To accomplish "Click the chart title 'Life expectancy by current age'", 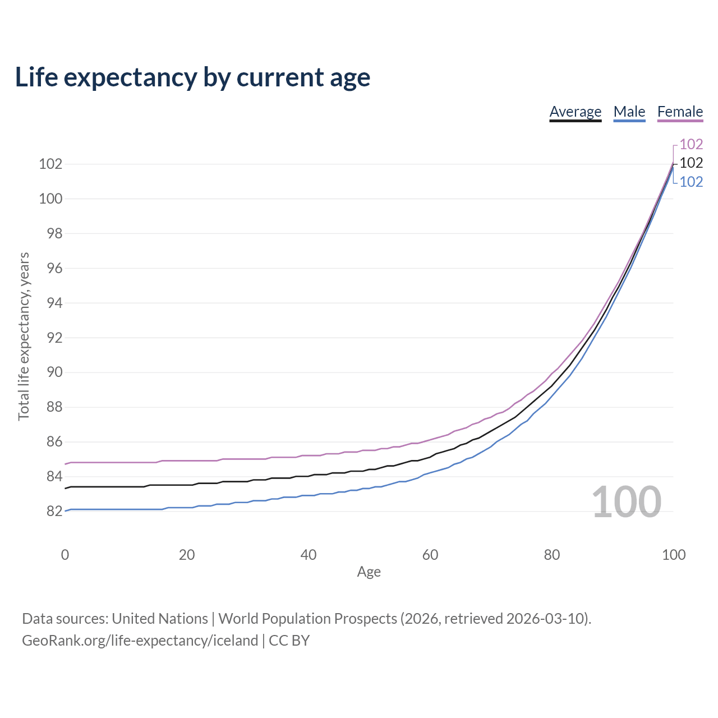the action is point(192,77).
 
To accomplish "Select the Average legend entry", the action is point(576,112).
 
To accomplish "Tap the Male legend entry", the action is point(629,112).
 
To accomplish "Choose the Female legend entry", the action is point(680,112).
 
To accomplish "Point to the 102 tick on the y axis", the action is point(50,164).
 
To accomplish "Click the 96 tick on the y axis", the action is point(54,268).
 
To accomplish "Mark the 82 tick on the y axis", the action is point(54,511).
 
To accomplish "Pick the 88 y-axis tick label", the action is point(54,407).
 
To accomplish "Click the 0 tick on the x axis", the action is point(65,555).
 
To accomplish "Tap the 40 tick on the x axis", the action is point(309,555).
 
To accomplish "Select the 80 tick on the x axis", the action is point(552,555).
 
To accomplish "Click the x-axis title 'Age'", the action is point(369,572).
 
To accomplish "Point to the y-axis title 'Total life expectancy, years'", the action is point(24,337).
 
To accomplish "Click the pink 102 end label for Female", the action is point(691,144).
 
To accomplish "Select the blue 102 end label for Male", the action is point(691,182).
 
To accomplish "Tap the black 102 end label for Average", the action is point(691,163).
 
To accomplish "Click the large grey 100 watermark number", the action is point(627,501).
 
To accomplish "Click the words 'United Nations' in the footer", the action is point(160,619).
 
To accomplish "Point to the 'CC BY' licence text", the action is point(289,641).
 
